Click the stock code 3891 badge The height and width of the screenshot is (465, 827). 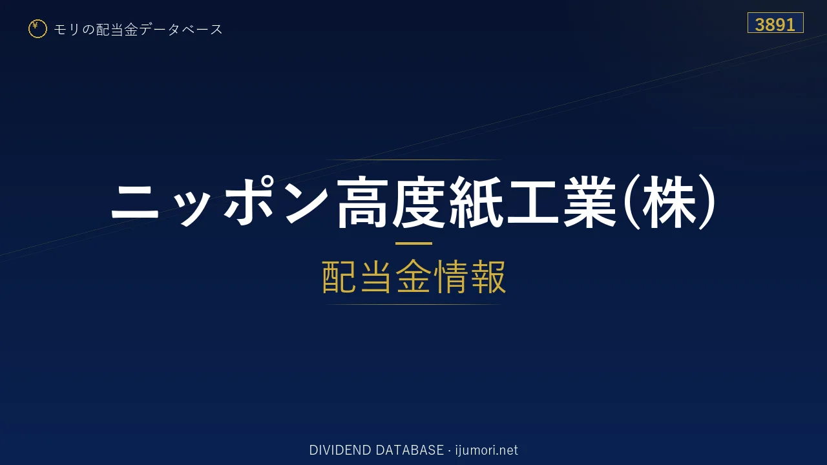coord(775,23)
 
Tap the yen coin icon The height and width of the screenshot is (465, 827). coord(37,29)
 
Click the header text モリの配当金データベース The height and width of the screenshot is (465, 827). coord(138,30)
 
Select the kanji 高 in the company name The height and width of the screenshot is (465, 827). coord(362,202)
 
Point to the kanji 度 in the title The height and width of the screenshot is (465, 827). coord(418,202)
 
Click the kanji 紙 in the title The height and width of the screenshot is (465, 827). coord(476,202)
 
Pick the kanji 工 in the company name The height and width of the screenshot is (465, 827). coord(532,202)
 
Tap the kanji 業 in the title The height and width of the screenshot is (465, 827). coord(589,202)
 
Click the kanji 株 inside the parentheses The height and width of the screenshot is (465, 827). coord(668,202)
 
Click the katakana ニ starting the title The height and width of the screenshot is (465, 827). coord(135,202)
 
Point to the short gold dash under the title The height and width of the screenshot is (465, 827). coord(413,243)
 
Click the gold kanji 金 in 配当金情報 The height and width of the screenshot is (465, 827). coord(413,276)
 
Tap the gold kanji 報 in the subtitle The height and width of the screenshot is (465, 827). coord(488,276)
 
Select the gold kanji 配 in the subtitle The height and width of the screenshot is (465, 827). coord(340,276)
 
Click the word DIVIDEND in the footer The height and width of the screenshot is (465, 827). coord(340,450)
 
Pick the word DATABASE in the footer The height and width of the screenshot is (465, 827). coord(410,450)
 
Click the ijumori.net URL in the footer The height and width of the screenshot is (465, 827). coord(487,450)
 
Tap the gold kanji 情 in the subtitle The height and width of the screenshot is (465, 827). coord(451,276)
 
